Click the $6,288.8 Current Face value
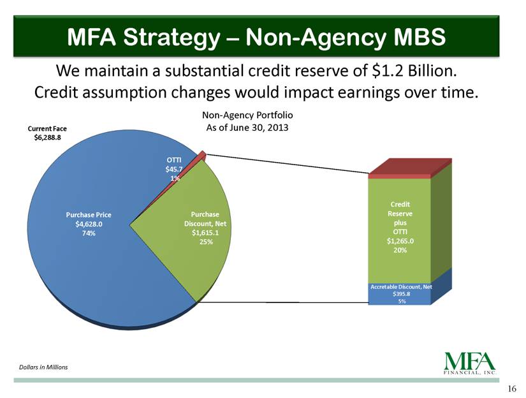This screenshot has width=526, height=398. point(47,137)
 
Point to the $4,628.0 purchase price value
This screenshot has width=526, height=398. point(89,224)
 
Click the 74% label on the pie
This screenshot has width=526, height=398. point(89,233)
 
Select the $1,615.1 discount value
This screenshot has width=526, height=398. point(205,233)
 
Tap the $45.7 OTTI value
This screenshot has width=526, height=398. point(174,169)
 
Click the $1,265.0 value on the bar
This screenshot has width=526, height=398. point(400,241)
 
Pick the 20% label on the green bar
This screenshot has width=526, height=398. point(400,250)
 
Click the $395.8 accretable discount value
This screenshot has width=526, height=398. point(401,294)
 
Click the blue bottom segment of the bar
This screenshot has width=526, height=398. point(399,294)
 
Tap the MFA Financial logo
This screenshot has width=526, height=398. point(470,363)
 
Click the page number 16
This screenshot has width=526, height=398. point(512,388)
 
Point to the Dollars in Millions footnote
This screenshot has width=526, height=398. point(43,367)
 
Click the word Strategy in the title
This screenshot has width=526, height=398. point(172,37)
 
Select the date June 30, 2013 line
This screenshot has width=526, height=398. point(247,128)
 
